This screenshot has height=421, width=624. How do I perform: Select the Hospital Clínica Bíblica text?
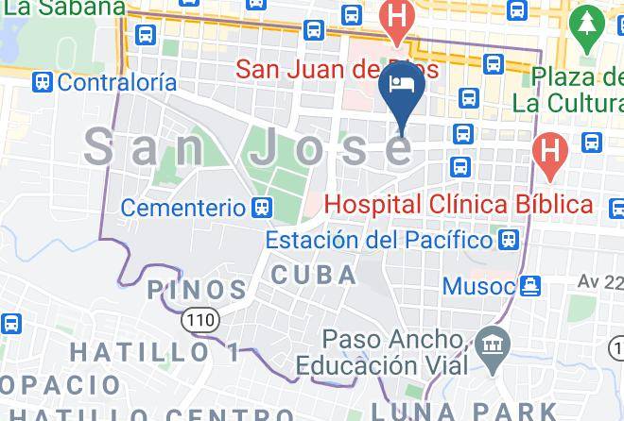coord(458,203)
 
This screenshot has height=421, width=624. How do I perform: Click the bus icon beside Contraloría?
coord(42,82)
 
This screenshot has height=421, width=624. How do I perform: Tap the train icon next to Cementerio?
coord(264,206)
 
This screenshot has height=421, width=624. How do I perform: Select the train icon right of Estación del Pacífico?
coord(510,240)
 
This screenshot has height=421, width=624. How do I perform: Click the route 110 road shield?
coord(199,320)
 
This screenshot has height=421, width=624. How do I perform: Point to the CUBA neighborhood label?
coord(315,276)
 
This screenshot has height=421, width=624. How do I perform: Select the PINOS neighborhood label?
coord(198,289)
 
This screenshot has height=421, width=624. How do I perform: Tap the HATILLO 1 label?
coord(156,352)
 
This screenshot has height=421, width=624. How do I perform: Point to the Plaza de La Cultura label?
coord(575,86)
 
